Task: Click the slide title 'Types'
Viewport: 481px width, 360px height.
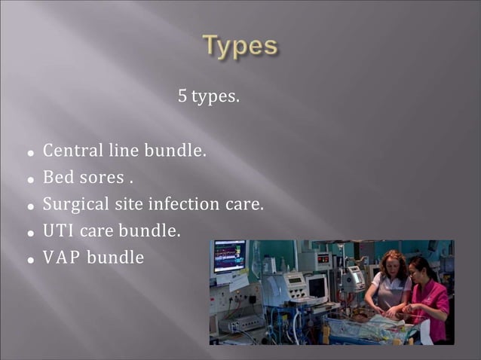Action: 240,46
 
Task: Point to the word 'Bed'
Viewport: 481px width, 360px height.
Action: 57,178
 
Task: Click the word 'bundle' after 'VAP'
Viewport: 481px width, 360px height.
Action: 115,258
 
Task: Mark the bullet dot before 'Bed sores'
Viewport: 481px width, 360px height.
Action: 31,180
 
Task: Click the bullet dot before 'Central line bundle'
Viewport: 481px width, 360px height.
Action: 31,153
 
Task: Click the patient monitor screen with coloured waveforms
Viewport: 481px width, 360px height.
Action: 230,256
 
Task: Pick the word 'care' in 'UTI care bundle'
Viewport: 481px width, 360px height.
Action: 96,230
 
